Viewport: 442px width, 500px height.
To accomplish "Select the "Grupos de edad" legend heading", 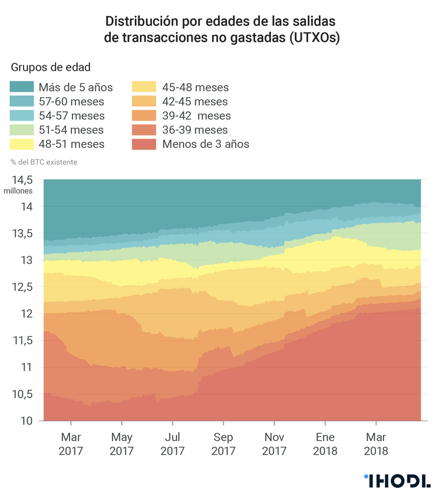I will [x=50, y=67].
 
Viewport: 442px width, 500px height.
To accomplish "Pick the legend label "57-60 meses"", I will [x=71, y=101].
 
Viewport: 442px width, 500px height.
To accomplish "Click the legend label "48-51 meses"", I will [x=71, y=144].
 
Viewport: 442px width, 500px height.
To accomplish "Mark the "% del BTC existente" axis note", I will [x=44, y=161].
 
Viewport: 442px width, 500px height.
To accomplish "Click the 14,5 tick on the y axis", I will [x=23, y=180].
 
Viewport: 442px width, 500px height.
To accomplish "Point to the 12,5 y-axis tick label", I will [x=23, y=287].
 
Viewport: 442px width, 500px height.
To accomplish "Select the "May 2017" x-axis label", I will [x=121, y=444].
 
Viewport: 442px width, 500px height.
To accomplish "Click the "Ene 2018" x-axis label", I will [x=325, y=444].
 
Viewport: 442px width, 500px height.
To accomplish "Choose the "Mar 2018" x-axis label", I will [x=376, y=444].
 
